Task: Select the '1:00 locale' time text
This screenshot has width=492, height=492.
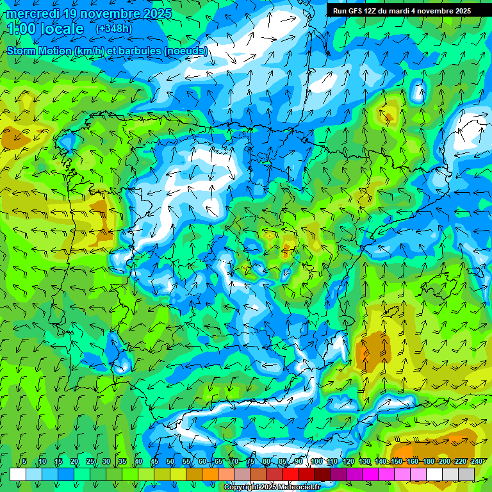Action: tap(46, 29)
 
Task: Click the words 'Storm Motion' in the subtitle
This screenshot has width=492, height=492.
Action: tap(40, 51)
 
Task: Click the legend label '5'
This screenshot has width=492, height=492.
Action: tap(24, 461)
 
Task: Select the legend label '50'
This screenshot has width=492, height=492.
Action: tap(170, 461)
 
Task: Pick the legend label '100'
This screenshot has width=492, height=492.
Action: tap(316, 461)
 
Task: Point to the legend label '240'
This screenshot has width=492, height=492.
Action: tap(477, 461)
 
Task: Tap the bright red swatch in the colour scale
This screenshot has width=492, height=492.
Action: tap(290, 474)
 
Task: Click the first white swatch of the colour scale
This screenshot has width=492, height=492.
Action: tap(18, 474)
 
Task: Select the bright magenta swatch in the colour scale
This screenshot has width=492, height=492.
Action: tap(370, 474)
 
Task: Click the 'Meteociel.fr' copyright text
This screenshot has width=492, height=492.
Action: tap(297, 487)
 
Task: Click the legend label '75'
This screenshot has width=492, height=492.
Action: tap(250, 461)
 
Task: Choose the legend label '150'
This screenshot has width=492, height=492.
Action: tap(397, 461)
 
